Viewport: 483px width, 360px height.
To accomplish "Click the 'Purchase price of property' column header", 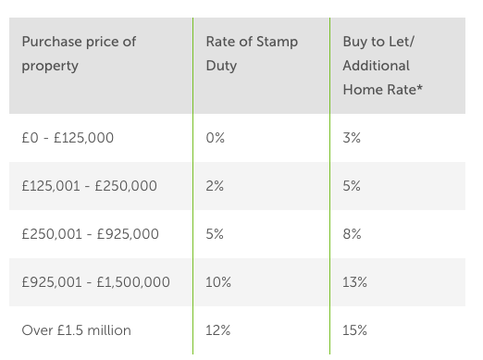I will pos(79,54).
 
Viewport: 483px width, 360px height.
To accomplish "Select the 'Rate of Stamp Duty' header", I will pos(252,54).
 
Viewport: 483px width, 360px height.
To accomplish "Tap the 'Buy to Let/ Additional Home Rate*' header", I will pos(382,66).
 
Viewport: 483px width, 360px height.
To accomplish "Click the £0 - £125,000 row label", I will pos(68,138).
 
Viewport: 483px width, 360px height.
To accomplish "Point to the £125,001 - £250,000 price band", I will pos(89,186).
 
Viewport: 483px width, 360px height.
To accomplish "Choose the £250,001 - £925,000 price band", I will pos(90,234).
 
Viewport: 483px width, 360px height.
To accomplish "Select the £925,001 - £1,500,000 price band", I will pos(96,282).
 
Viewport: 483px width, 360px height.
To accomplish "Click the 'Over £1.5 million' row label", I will pos(77,330).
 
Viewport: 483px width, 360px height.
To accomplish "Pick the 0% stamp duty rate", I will pos(216,138).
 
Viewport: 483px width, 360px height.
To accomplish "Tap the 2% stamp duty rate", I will pos(215,186).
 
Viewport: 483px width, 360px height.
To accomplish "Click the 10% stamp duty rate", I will pos(218,282).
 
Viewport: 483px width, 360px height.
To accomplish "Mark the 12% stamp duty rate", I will pos(218,330).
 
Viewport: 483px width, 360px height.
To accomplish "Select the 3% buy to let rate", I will pos(352,138).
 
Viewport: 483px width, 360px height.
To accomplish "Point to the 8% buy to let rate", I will pos(352,234).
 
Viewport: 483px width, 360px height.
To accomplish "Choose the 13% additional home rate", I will pos(355,282).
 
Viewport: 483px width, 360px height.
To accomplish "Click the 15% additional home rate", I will pos(355,330).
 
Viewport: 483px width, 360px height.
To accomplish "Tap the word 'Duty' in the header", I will pos(221,66).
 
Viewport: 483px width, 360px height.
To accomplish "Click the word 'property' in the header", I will pos(50,66).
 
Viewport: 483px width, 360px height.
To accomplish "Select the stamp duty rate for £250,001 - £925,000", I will pos(215,234).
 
